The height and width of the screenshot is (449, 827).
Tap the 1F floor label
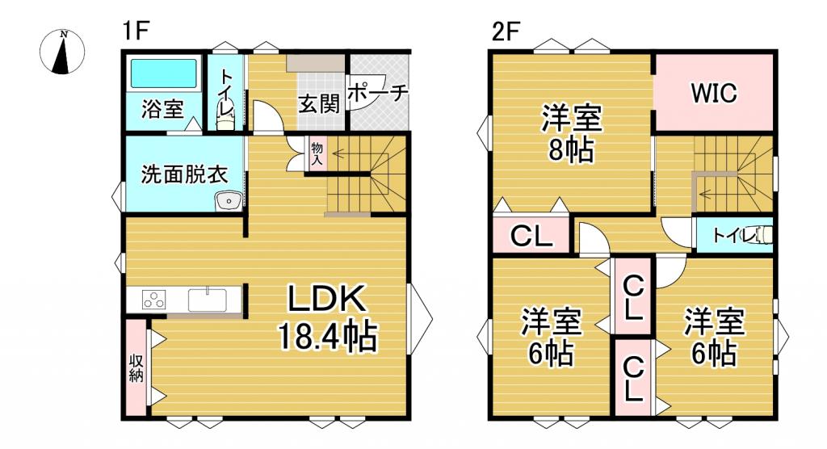tap(136, 31)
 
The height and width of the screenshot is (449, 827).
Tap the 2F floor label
tap(505, 31)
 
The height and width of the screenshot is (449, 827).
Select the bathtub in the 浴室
tap(162, 74)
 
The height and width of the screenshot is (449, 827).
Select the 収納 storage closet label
tap(136, 368)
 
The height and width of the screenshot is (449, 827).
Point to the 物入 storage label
tap(317, 153)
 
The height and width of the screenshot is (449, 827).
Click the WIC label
tap(713, 93)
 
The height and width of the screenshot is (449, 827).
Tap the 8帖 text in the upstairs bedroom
tap(571, 151)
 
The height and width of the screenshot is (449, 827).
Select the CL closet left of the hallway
tap(531, 236)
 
